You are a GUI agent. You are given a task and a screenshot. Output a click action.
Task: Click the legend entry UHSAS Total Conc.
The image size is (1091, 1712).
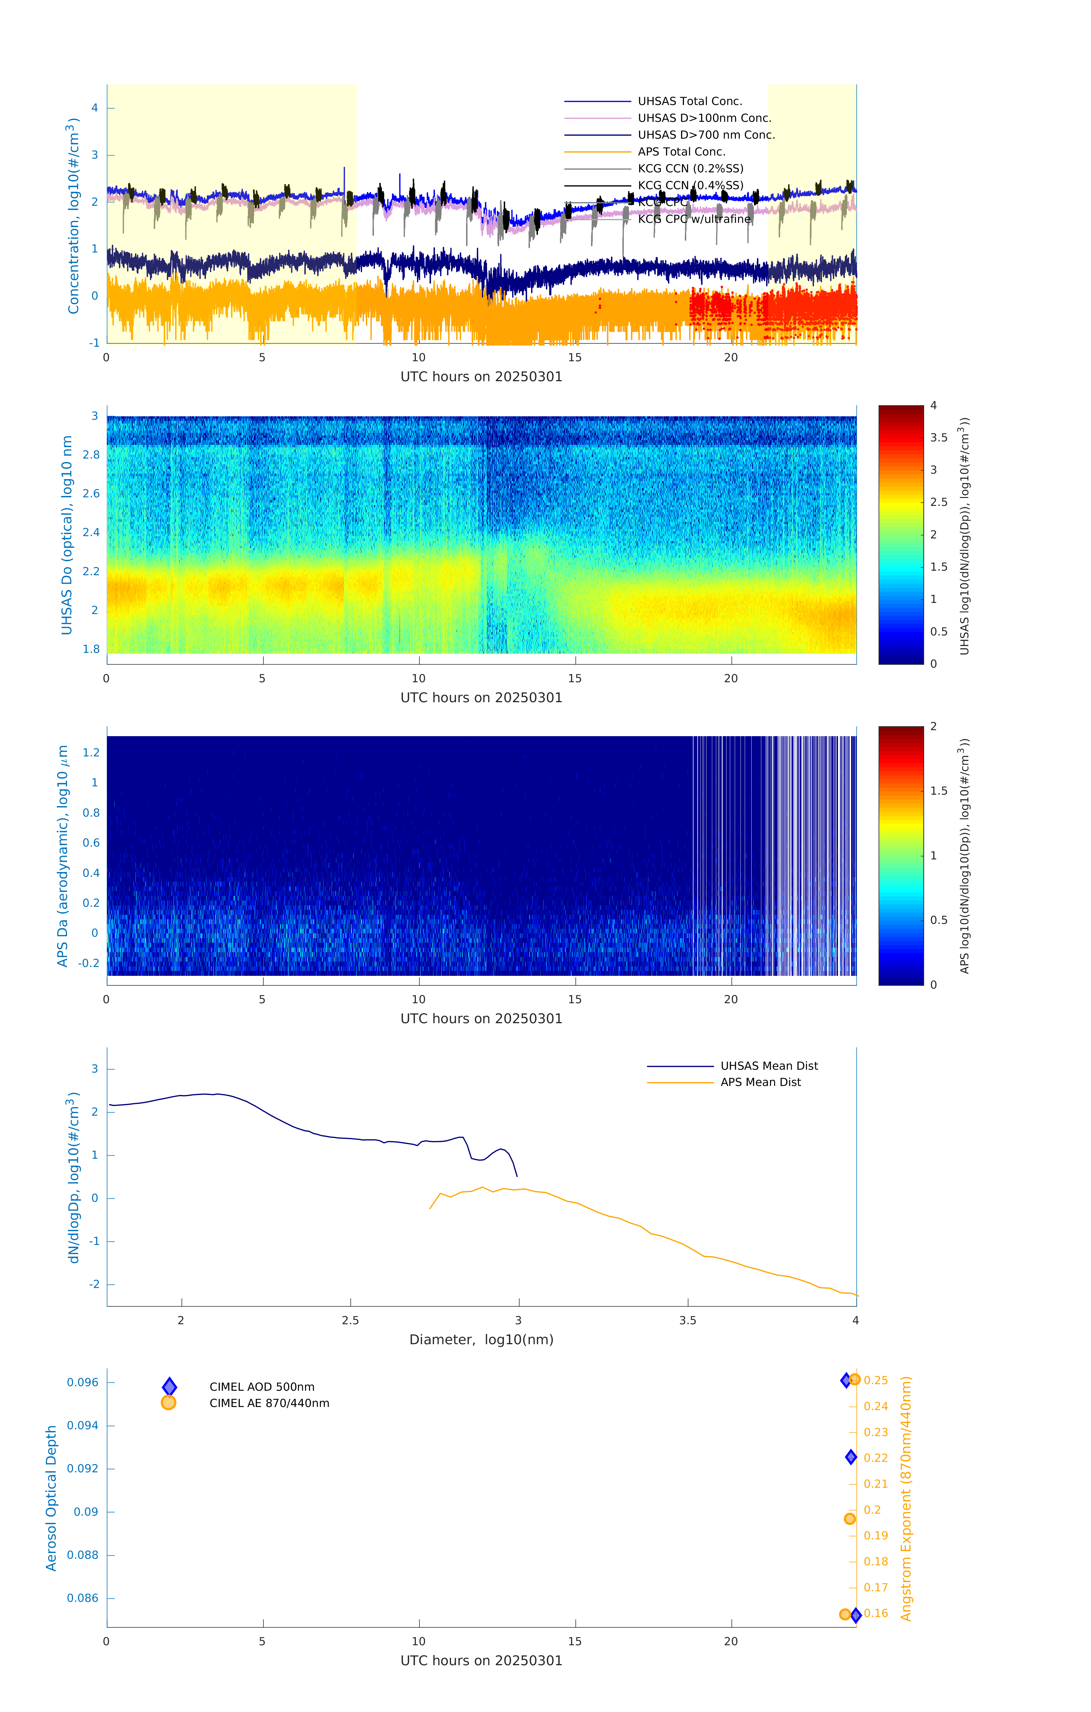[x=689, y=101]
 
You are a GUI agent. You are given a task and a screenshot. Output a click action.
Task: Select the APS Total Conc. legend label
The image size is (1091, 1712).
[x=681, y=152]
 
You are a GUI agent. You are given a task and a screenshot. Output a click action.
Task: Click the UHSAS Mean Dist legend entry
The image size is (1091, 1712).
[x=769, y=1066]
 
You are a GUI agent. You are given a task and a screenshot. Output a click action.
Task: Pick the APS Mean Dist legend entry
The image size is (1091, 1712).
[x=760, y=1082]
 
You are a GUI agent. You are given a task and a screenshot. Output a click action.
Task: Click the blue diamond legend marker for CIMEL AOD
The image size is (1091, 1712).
[x=169, y=1386]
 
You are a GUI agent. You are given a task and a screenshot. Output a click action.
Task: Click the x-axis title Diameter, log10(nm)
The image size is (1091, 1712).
[x=481, y=1339]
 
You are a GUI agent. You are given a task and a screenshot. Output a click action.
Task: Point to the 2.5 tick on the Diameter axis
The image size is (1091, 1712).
[x=350, y=1320]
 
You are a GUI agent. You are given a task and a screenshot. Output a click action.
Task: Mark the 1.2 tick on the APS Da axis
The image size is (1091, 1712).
[x=91, y=752]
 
